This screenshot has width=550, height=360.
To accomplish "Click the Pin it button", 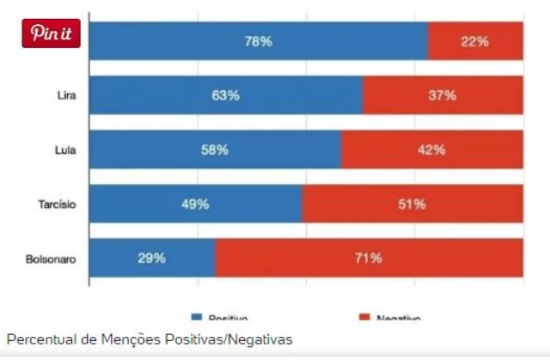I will [51, 33].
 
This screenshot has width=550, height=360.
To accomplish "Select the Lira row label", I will [65, 95].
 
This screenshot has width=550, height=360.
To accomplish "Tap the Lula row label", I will [65, 150].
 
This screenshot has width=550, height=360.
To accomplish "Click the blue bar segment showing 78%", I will [258, 41].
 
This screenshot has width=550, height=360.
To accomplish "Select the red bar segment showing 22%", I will [474, 41].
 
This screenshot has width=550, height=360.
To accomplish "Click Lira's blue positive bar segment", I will [225, 95].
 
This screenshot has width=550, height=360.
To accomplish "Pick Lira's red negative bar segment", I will [442, 95].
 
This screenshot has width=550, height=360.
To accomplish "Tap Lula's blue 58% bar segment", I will [214, 150].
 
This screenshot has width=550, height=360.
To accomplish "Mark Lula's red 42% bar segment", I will [431, 150].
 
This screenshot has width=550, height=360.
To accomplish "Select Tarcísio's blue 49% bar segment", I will [195, 204].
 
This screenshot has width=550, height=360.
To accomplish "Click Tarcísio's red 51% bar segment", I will [412, 204].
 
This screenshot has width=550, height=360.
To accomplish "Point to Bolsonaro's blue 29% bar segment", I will [151, 259].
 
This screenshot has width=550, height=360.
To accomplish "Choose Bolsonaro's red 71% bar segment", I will [369, 259].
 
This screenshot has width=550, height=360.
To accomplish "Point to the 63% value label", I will [225, 95].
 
